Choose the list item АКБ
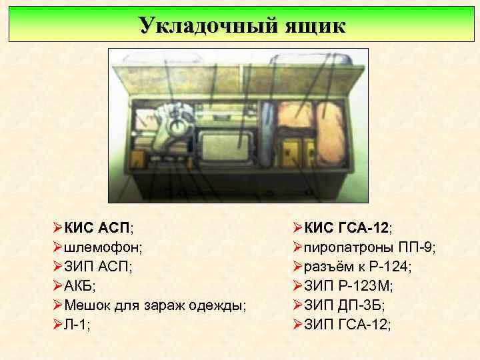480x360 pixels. (x=81, y=285)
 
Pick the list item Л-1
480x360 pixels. (x=77, y=324)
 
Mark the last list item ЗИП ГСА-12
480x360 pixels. (x=347, y=324)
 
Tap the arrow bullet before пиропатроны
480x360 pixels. (x=297, y=247)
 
